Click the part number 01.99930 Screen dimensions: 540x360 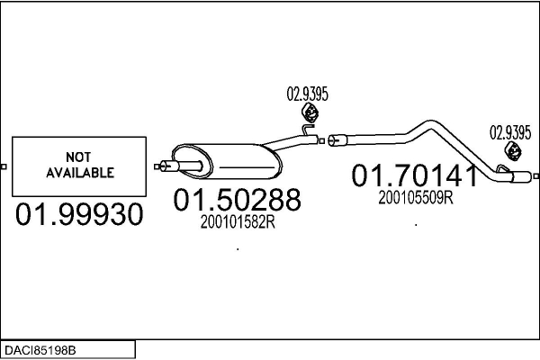point(79,214)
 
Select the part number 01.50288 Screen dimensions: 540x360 point(238,200)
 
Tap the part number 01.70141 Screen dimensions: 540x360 point(415,175)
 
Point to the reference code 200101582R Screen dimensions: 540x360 point(238,222)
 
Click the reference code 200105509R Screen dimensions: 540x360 point(416,198)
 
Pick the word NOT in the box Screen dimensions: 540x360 point(78,157)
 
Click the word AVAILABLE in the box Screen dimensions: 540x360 point(80,173)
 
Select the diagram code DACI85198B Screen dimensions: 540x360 point(40,351)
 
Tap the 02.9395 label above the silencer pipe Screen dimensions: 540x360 point(308,94)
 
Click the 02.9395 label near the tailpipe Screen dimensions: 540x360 point(510,133)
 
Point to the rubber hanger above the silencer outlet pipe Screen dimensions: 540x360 point(310,112)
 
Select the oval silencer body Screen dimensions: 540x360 point(228,162)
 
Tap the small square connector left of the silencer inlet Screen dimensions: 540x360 point(157,166)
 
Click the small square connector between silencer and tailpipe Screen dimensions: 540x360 point(321,141)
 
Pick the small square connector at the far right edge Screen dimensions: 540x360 point(535,176)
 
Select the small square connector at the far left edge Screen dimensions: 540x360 point(4,166)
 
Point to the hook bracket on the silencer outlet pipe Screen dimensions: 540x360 point(308,130)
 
